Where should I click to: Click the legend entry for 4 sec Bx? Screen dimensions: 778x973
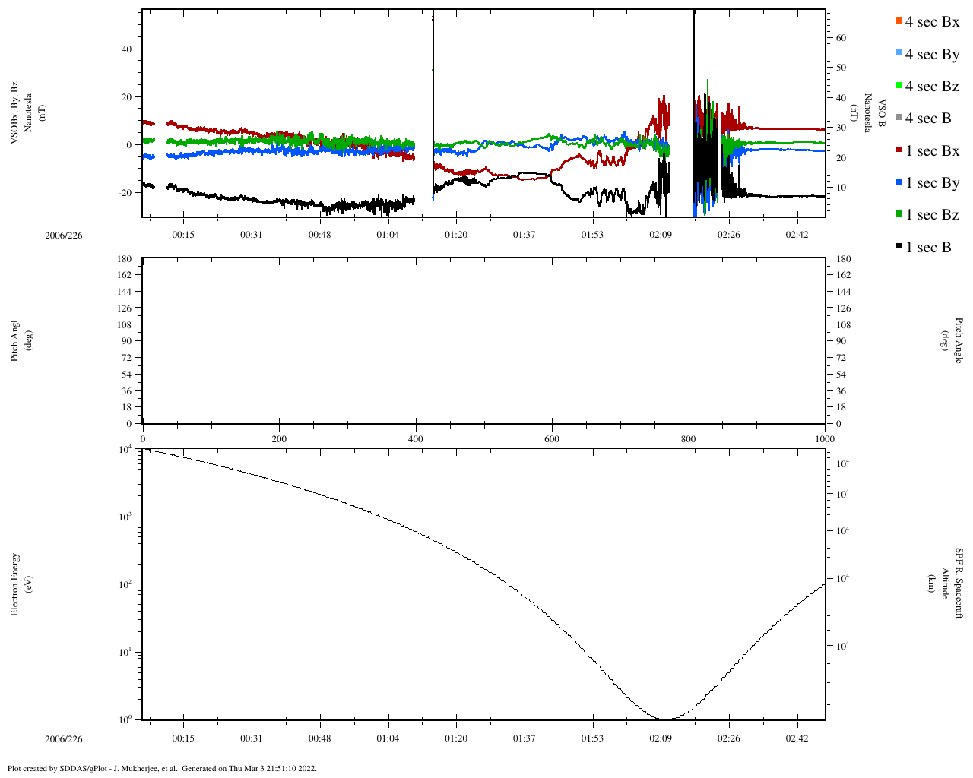927,22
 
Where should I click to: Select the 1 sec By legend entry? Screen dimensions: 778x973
927,183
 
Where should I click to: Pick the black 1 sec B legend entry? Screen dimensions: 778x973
924,248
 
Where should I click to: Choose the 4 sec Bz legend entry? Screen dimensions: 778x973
927,87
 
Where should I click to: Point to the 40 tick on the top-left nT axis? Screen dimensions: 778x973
126,49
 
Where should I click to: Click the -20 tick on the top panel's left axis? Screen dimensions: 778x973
125,193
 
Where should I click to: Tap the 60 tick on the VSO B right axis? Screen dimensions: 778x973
841,38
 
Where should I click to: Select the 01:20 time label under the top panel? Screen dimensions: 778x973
456,235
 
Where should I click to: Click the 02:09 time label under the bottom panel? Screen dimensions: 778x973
661,738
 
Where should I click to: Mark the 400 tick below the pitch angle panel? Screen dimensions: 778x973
415,439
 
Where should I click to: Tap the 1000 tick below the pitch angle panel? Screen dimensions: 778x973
825,439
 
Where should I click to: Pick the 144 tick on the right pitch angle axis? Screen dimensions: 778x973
843,292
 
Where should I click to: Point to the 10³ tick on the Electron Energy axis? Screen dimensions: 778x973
125,517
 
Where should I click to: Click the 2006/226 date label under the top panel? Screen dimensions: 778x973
63,236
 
